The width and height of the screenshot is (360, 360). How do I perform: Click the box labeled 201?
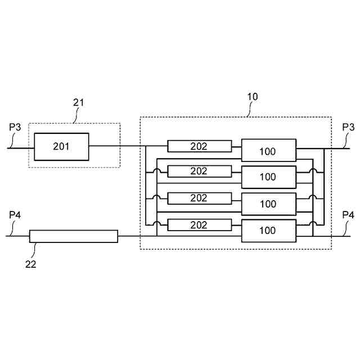coord(61,147)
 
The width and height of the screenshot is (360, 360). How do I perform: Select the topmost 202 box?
coord(200,146)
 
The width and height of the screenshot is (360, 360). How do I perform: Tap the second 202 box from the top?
coord(200,171)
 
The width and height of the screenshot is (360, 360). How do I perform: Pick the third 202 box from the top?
coord(200,198)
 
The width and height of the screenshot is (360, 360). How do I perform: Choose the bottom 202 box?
coord(200,225)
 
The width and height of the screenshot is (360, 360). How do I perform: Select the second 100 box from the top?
coord(268,177)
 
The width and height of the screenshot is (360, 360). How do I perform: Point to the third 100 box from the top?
coord(268,204)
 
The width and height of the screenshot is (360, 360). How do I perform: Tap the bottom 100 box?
coord(268,231)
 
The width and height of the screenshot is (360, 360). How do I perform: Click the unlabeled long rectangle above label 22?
coord(74,236)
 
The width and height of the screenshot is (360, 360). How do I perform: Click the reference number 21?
coord(79,102)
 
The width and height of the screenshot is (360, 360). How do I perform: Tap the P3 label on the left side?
coord(15,127)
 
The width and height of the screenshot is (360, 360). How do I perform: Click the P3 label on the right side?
coord(348,127)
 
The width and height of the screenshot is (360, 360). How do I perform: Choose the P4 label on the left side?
coord(15,215)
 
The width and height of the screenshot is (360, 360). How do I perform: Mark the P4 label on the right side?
coord(348,215)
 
